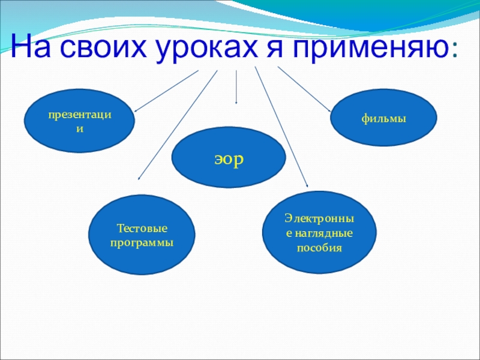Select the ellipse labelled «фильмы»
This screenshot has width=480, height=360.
[x=384, y=119]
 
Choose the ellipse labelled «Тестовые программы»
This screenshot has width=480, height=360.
[x=142, y=235]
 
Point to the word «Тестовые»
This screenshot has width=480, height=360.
[x=142, y=229]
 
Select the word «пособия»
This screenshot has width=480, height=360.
[x=319, y=247]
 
